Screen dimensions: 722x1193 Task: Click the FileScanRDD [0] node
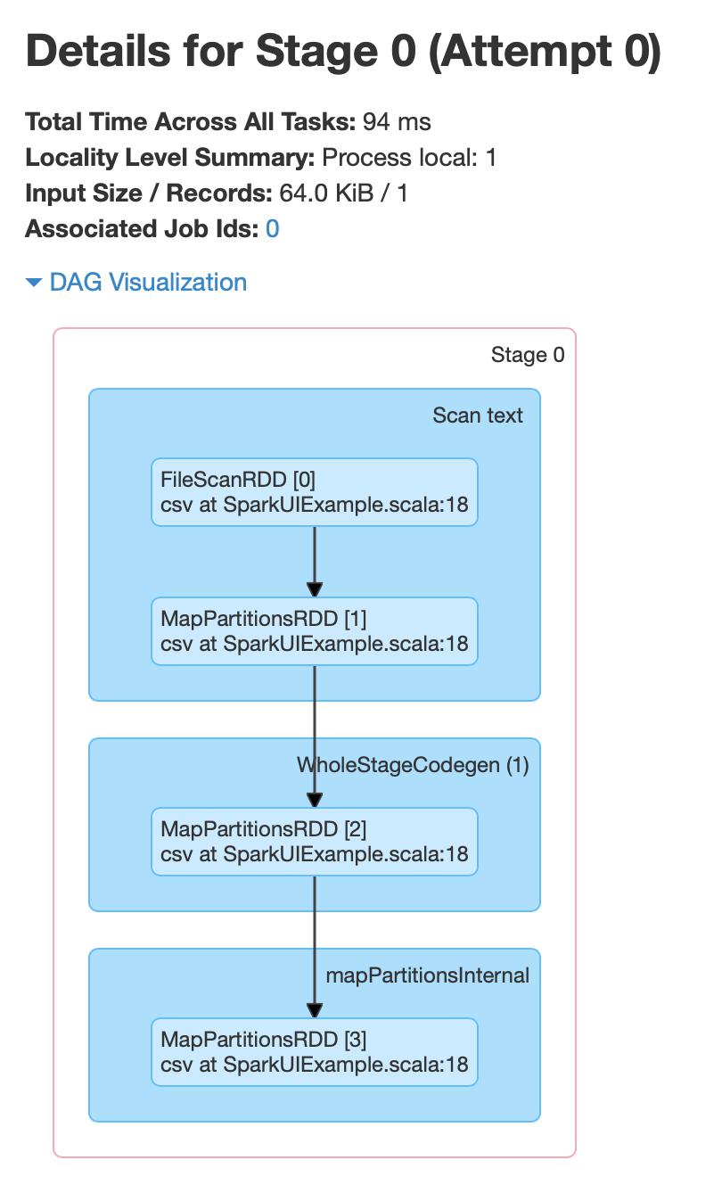pyautogui.click(x=314, y=492)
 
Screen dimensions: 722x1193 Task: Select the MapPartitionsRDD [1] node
pyautogui.click(x=314, y=631)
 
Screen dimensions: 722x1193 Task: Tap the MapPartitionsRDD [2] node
pyautogui.click(x=314, y=842)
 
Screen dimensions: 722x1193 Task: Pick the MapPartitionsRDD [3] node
pyautogui.click(x=314, y=1052)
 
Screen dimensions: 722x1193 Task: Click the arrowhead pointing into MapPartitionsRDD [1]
pyautogui.click(x=315, y=589)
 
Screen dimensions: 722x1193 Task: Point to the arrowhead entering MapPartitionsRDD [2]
pyautogui.click(x=315, y=800)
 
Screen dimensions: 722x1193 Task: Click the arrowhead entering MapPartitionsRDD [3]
pyautogui.click(x=315, y=1010)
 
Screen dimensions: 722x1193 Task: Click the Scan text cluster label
pyautogui.click(x=478, y=415)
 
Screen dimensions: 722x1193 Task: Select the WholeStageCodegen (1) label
pyautogui.click(x=413, y=765)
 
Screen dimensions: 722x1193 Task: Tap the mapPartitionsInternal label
pyautogui.click(x=428, y=975)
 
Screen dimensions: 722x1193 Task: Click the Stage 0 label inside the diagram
pyautogui.click(x=528, y=355)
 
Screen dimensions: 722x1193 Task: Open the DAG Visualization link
pyautogui.click(x=148, y=283)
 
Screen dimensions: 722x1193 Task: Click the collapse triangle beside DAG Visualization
pyautogui.click(x=34, y=283)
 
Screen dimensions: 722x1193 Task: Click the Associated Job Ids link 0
pyautogui.click(x=272, y=229)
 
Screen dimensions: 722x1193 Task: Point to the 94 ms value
pyautogui.click(x=397, y=122)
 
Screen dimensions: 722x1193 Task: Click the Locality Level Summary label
pyautogui.click(x=170, y=158)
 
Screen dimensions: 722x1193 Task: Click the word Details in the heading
pyautogui.click(x=98, y=52)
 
